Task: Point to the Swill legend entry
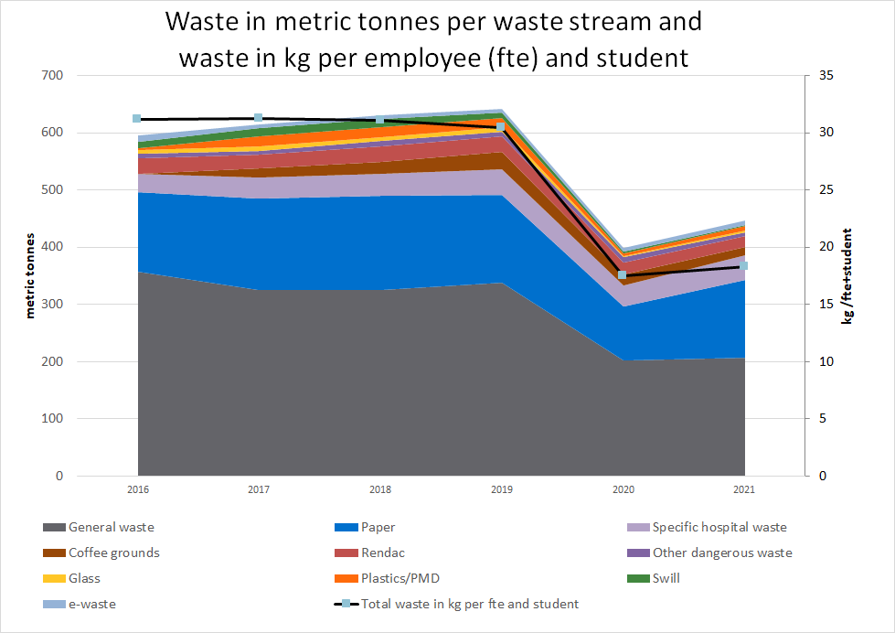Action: tap(666, 578)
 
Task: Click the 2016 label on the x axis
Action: tap(138, 491)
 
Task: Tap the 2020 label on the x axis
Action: tap(623, 491)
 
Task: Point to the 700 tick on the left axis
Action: tap(51, 75)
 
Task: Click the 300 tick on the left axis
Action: tap(51, 305)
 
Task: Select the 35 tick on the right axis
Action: tap(826, 75)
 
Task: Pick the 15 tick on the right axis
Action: tap(826, 305)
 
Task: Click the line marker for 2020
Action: tap(623, 275)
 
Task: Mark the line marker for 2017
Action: tap(259, 118)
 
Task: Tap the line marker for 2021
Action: tap(744, 266)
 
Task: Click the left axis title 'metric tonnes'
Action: tap(29, 275)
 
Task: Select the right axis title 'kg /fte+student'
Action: tap(847, 275)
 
